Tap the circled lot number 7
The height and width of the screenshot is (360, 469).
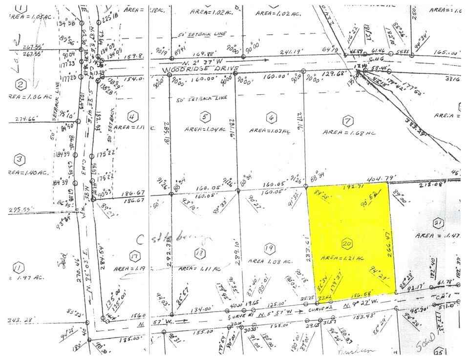point(347,120)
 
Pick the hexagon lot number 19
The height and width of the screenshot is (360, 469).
point(267,249)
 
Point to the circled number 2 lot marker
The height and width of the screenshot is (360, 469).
point(20,85)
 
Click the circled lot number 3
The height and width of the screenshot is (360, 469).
point(19,160)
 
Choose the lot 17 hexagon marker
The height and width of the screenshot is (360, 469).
point(133,254)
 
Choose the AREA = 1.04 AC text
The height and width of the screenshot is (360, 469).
point(205,129)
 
